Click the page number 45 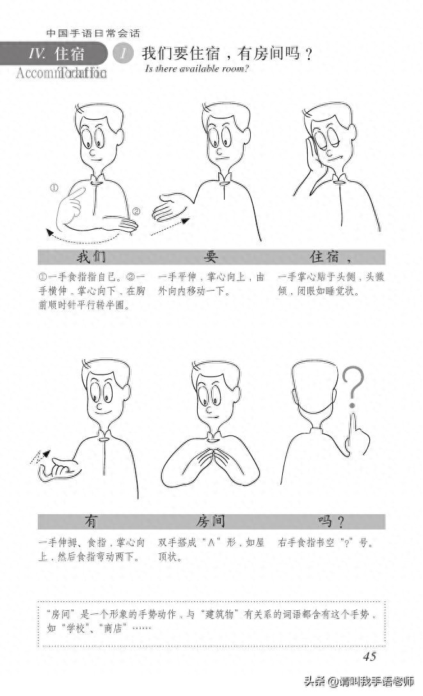(369, 656)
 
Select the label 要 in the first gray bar (211, 257)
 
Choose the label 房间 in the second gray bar (211, 521)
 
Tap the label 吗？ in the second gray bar (331, 521)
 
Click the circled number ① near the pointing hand (54, 188)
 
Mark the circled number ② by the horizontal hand (136, 211)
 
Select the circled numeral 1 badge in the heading (122, 54)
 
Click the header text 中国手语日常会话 (93, 33)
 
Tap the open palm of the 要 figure (168, 208)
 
